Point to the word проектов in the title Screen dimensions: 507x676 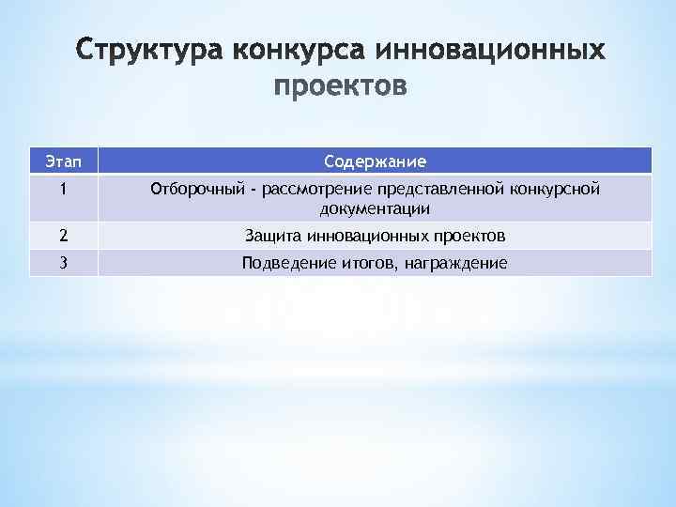tap(341, 87)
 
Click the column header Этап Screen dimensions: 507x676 tap(62, 161)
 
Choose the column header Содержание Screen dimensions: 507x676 tap(375, 161)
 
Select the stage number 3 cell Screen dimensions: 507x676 tap(62, 264)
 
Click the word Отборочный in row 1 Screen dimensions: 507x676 tap(194, 191)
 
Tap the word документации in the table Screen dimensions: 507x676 tap(375, 207)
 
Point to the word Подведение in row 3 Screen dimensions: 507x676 tap(284, 264)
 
